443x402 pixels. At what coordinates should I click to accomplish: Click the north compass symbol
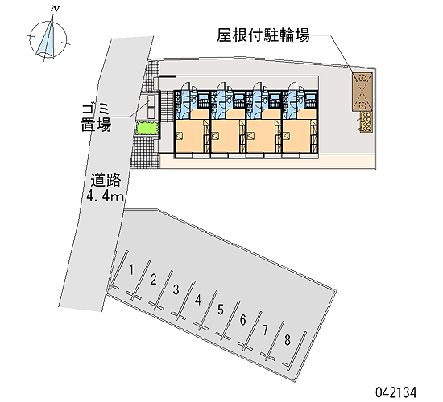coord(48,38)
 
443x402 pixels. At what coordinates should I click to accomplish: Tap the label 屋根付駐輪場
coord(263,35)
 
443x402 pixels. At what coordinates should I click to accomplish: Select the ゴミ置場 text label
coord(96,117)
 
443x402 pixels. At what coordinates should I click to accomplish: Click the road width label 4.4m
coord(105,195)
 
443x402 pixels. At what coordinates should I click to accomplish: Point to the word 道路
coord(106,180)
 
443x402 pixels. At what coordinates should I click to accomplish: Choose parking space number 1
coord(131,269)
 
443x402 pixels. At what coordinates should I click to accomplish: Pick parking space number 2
coord(153,280)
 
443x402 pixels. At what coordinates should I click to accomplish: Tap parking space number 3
coord(176,289)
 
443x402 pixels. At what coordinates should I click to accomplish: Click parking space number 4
coord(198,300)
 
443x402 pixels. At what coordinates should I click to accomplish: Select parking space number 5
coord(221,310)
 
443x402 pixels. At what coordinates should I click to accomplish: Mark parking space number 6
coord(242,320)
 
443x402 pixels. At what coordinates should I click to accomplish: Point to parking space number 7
coord(265,330)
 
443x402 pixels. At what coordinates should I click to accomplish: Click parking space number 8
coord(288,340)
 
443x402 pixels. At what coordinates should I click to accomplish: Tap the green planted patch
coord(147,128)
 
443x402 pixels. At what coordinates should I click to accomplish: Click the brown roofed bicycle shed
coord(362,92)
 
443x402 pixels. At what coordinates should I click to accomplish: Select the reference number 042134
coord(395,392)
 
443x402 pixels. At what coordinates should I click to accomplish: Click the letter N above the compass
coord(56,9)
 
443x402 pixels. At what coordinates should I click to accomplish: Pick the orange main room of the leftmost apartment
coord(189,136)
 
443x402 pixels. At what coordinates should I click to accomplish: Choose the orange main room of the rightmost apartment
coord(296,136)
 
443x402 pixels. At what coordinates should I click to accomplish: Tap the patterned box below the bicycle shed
coord(366,121)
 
